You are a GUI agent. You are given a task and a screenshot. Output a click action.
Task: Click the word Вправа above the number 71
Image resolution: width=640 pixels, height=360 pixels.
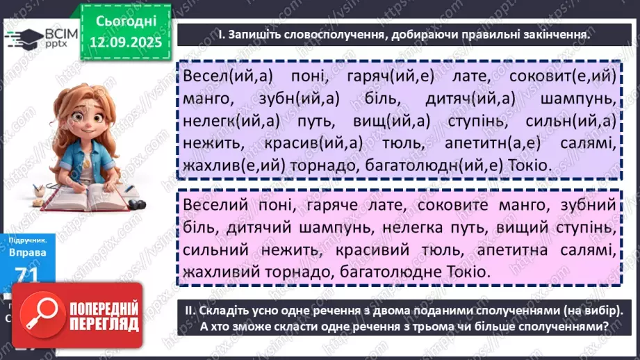tap(28, 252)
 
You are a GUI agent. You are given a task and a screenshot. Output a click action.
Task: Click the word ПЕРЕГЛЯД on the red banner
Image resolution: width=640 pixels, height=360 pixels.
tap(104, 324)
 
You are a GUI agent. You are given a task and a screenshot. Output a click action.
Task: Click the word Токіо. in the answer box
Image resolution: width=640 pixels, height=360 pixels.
tap(465, 272)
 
